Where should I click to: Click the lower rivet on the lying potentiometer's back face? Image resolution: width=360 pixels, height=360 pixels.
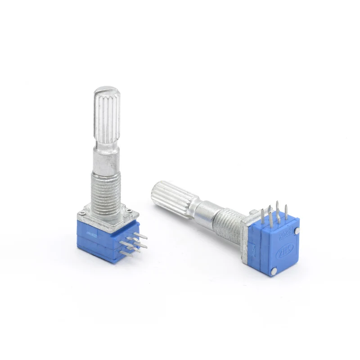coord(274,270)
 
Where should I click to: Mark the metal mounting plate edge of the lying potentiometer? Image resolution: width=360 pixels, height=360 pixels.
coord(246,243)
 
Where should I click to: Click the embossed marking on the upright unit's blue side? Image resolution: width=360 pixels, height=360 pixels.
coord(93,234)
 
